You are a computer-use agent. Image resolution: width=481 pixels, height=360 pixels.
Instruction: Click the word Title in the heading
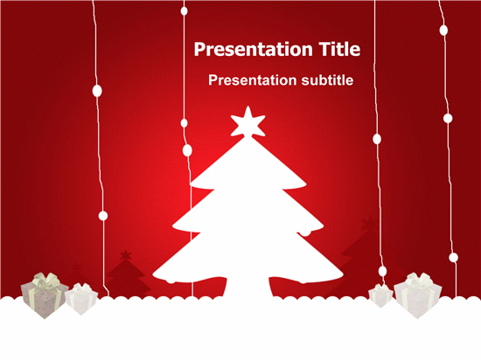(x=339, y=49)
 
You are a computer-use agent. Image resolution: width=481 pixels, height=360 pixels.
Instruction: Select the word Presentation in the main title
(x=254, y=49)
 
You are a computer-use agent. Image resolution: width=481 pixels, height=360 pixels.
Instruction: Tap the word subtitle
(x=327, y=80)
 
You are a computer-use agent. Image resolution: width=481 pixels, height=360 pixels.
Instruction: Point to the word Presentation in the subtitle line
(x=253, y=80)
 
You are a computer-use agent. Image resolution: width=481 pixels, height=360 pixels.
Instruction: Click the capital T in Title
(x=324, y=49)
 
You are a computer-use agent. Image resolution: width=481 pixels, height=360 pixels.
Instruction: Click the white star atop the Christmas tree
(x=247, y=122)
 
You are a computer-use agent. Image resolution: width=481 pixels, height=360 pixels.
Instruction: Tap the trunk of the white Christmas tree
(x=248, y=287)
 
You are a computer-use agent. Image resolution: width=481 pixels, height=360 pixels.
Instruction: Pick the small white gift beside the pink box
(x=81, y=299)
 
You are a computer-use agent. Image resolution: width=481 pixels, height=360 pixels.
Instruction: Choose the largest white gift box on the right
(x=417, y=296)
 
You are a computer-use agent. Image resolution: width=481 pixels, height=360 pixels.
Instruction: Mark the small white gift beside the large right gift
(x=380, y=295)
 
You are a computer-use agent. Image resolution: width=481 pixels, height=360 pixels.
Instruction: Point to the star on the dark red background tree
(x=125, y=255)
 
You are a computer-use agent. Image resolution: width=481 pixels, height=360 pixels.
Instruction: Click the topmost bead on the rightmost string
(x=443, y=30)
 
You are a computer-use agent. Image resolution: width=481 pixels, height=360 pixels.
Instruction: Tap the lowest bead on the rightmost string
(x=453, y=258)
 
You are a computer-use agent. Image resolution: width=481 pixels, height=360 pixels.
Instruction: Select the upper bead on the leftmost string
(x=97, y=91)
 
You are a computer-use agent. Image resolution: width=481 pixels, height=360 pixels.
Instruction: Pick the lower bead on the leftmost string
(x=103, y=216)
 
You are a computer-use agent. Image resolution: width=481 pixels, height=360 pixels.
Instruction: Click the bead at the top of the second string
(x=184, y=11)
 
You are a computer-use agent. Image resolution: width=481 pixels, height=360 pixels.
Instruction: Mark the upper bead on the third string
(x=377, y=139)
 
